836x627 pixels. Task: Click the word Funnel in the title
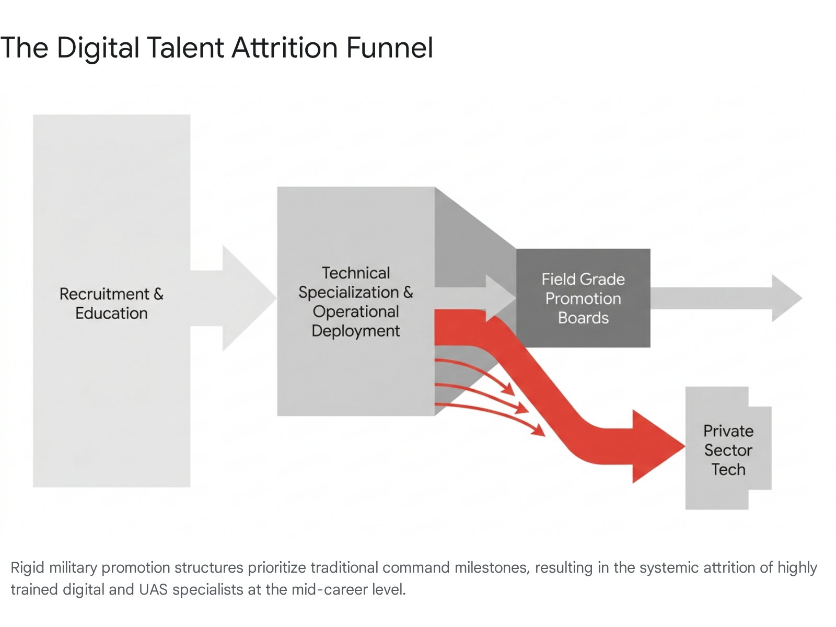(389, 48)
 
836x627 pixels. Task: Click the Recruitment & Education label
(111, 304)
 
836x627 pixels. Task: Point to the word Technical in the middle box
(356, 273)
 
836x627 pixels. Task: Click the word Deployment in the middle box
(356, 331)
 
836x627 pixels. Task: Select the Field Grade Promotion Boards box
(583, 298)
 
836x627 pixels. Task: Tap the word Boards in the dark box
(583, 318)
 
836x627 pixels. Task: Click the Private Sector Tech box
(728, 449)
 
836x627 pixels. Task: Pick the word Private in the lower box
(728, 431)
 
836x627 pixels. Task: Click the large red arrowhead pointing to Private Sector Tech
(656, 446)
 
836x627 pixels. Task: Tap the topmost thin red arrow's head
(508, 389)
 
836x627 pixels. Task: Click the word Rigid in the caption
(27, 567)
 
